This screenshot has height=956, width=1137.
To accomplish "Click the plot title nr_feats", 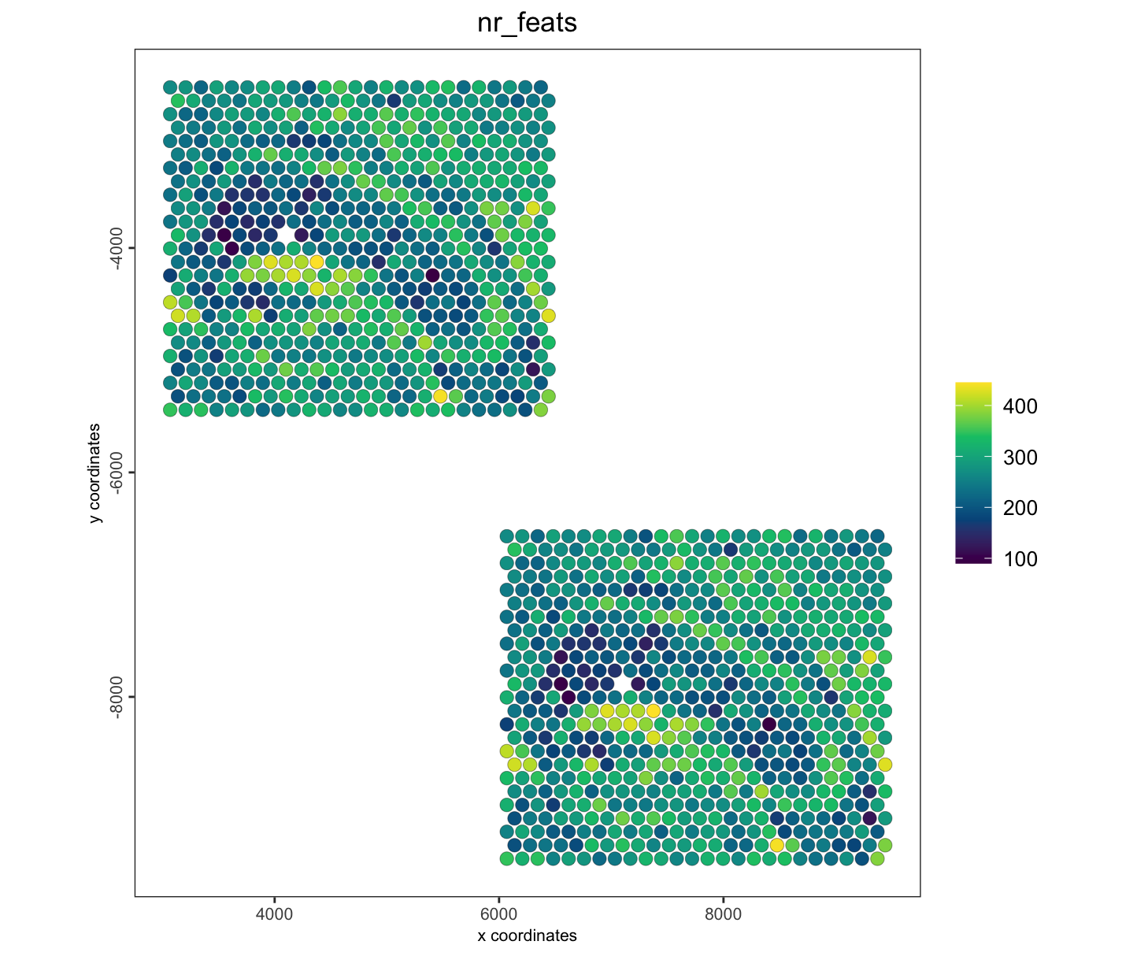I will coord(527,24).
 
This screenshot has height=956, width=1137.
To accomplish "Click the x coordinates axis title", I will coord(527,936).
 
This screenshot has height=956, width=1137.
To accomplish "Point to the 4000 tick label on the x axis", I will coord(275,913).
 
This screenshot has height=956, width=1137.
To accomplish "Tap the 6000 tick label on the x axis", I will coord(498,913).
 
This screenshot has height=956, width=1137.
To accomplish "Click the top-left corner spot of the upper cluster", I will coord(170,87).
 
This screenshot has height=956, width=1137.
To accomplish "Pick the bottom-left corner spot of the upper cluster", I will coord(170,409).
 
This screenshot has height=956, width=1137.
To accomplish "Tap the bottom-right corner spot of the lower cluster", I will coord(877,858).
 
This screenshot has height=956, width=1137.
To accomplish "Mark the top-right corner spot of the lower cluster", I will coord(877,535).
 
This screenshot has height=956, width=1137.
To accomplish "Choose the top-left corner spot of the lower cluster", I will coord(507,535).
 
